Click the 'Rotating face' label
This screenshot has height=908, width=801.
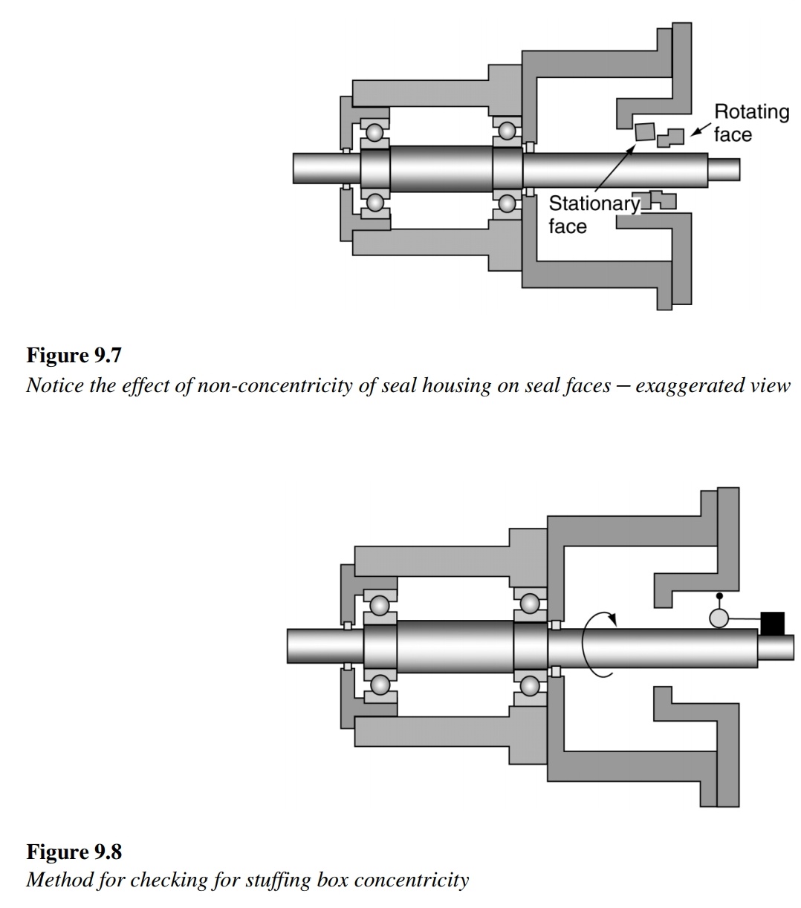[750, 123]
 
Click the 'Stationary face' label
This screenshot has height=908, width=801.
[592, 215]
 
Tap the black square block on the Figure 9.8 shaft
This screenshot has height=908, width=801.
[773, 623]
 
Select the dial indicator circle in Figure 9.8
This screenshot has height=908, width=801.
[719, 618]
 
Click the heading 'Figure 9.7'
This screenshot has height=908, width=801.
[74, 356]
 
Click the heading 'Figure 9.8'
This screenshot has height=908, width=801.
[74, 850]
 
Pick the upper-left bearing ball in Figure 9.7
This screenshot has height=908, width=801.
[374, 132]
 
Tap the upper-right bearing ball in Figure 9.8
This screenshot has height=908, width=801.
[530, 604]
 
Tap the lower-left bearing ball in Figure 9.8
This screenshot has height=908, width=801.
[380, 684]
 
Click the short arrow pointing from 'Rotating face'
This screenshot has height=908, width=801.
[698, 131]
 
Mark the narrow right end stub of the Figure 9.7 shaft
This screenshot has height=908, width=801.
[724, 169]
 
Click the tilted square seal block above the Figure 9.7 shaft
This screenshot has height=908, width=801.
[644, 131]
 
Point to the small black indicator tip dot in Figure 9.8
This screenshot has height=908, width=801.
[719, 596]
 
